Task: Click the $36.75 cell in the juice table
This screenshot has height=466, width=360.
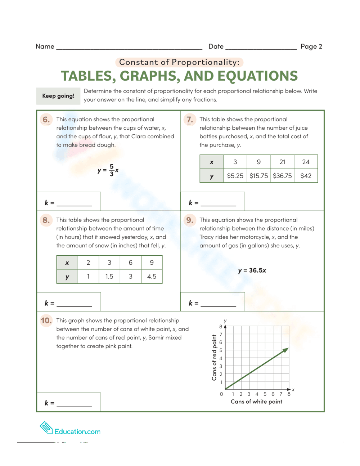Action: pos(282,176)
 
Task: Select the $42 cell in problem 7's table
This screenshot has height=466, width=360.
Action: pos(306,176)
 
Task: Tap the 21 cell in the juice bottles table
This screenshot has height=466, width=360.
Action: pos(282,162)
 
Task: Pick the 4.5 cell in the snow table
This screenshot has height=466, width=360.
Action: pos(152,276)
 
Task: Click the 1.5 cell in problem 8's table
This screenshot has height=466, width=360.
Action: pos(109,276)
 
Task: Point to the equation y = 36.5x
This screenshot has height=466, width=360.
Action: pos(252,270)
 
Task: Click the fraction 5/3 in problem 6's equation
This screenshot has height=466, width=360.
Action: pos(112,170)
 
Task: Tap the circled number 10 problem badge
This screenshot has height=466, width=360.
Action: pos(46,321)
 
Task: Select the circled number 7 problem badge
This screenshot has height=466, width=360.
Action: pos(189,119)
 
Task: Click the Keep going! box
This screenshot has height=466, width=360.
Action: pos(58,96)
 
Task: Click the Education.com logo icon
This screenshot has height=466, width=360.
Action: pos(46,427)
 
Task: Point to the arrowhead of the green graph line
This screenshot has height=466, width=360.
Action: pos(286,349)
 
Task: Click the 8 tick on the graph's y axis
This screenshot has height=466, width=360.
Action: pos(221,327)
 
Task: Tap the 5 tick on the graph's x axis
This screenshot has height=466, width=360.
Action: pos(265,394)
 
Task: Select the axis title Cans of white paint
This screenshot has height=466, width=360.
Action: pos(256,402)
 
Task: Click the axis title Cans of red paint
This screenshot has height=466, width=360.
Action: pos(214,358)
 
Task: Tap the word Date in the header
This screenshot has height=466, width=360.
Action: pos(216,46)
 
